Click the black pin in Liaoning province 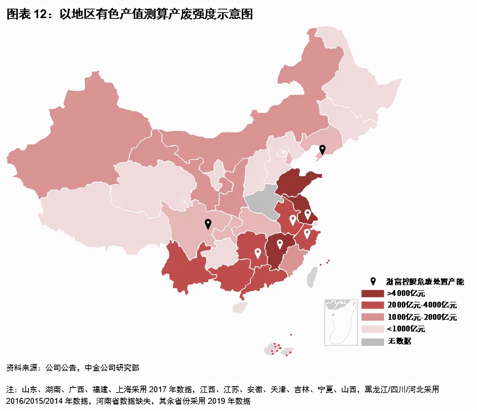322,149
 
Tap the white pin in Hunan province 258,253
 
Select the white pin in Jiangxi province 279,244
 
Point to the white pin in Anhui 292,220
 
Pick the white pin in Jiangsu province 307,214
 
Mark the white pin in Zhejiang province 307,233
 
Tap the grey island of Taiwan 312,277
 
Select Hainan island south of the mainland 239,308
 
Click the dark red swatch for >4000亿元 372,293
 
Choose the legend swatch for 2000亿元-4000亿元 372,305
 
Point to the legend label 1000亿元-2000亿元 422,317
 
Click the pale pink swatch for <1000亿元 372,329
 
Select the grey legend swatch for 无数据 372,342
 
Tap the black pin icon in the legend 373,281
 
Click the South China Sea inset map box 341,322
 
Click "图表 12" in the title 27,14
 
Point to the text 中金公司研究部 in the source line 112,368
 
